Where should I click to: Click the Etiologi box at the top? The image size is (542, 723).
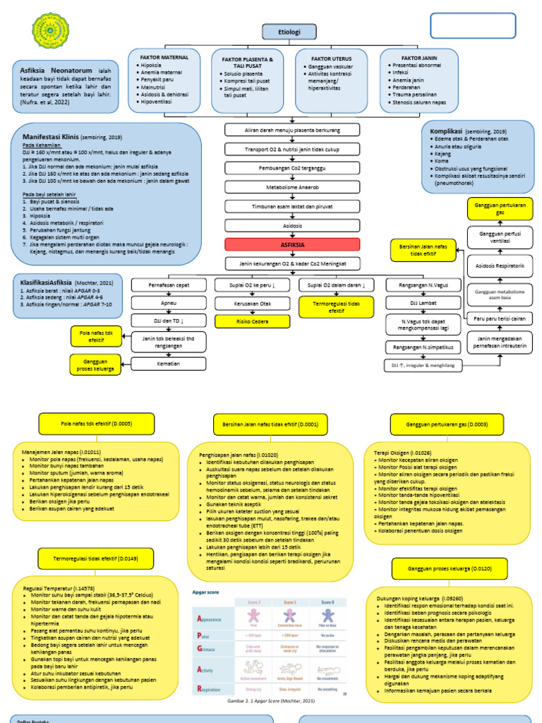[289, 32]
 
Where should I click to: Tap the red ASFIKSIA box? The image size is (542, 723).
[292, 244]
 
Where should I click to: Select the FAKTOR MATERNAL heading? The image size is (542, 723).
[164, 56]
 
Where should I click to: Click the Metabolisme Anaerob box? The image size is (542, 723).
[292, 189]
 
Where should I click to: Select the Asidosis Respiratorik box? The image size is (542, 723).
[500, 266]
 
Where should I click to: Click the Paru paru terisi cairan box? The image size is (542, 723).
[500, 318]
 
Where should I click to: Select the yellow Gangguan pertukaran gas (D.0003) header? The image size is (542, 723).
[438, 424]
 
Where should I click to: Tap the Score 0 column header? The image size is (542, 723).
[327, 602]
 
